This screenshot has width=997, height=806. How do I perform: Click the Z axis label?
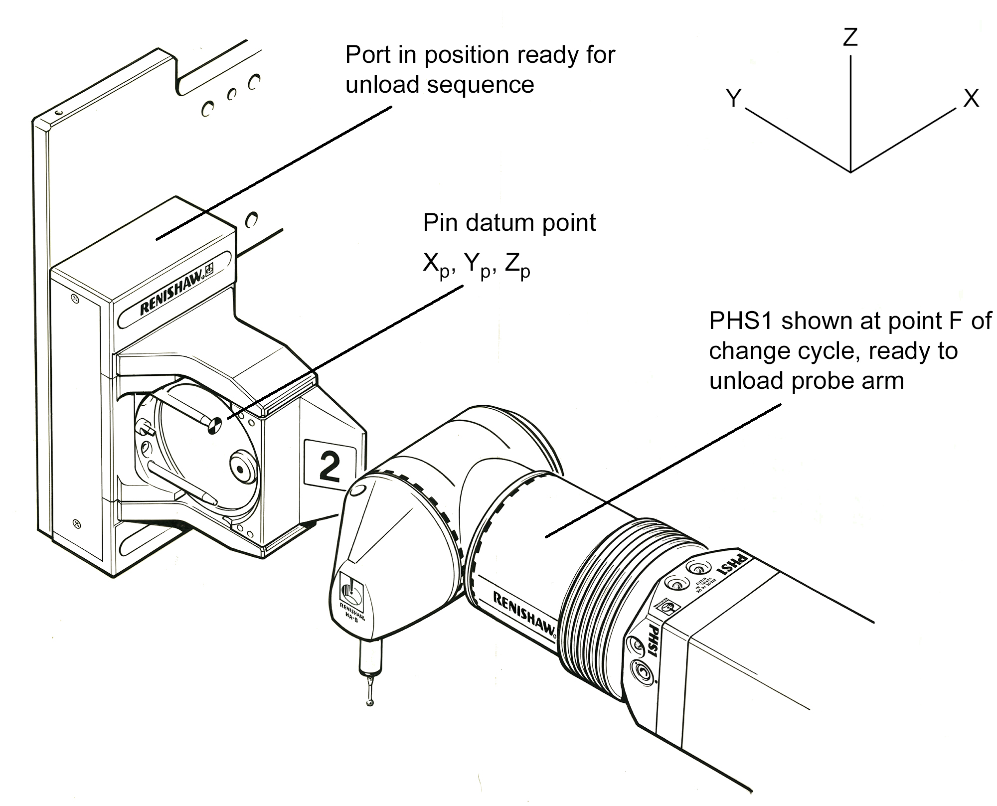click(x=850, y=37)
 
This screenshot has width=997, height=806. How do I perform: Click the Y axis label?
click(x=734, y=98)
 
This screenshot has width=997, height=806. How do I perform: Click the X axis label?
click(x=971, y=98)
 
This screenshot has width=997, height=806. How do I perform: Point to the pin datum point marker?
click(x=213, y=425)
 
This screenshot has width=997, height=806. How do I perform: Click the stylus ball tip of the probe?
click(x=369, y=703)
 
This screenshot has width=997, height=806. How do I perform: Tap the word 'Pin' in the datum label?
click(x=441, y=223)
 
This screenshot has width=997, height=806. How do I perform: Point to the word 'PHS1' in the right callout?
click(x=741, y=321)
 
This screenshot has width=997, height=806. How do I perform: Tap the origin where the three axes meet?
click(x=850, y=172)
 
